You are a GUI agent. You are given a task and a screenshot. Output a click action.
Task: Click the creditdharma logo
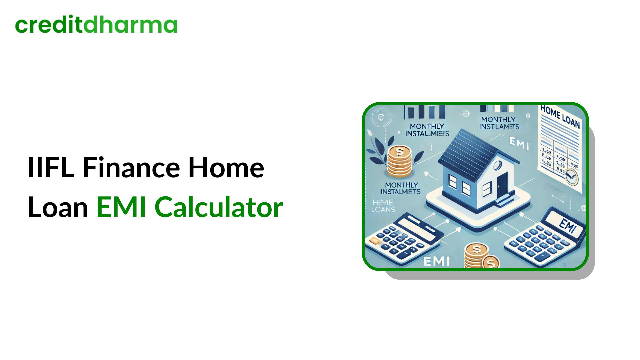pyautogui.click(x=96, y=25)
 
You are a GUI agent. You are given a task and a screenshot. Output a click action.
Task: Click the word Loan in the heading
pyautogui.click(x=58, y=207)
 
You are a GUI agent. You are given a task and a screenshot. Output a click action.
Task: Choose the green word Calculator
pyautogui.click(x=219, y=207)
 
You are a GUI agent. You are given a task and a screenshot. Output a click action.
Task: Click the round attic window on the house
pyautogui.click(x=497, y=165)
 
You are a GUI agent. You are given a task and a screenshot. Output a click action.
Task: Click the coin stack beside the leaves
pyautogui.click(x=399, y=162)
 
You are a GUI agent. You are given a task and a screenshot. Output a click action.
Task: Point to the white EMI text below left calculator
pyautogui.click(x=436, y=261)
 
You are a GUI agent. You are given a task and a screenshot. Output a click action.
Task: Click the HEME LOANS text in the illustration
pyautogui.click(x=383, y=206)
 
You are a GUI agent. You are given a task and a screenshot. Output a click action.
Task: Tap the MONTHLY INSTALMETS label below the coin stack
pyautogui.click(x=401, y=188)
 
